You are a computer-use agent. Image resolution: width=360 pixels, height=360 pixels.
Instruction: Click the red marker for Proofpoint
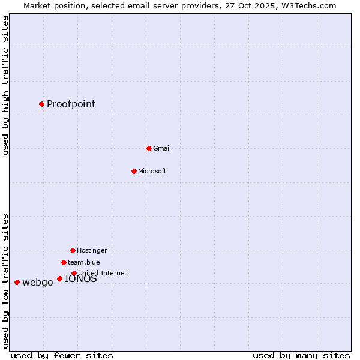[41, 104]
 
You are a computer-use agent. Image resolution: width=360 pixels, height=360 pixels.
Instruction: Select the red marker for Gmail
[149, 148]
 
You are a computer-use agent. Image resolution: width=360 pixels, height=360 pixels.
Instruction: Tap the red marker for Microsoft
[134, 171]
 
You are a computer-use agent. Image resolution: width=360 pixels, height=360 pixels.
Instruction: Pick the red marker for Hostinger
[73, 250]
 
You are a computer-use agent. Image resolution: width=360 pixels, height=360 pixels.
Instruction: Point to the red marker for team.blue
[64, 262]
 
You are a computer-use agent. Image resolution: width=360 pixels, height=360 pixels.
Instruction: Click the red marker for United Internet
[74, 273]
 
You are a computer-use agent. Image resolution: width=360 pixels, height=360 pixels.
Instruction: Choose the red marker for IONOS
[59, 278]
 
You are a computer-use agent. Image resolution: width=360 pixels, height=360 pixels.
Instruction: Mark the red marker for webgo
[17, 282]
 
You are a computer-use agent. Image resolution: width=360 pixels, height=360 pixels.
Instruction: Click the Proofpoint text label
[71, 104]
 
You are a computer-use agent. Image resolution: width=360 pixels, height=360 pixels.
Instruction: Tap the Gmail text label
[162, 148]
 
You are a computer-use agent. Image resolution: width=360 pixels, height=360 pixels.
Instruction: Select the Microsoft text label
[152, 171]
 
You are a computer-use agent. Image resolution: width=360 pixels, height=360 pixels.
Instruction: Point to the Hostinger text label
[92, 250]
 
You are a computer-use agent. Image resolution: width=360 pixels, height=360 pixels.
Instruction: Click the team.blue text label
[84, 262]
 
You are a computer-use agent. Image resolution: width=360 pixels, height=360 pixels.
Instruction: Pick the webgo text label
[37, 283]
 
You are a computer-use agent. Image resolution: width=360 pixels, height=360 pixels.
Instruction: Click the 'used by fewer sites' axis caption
[62, 355]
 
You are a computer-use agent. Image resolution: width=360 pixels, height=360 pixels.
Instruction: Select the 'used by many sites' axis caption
[301, 355]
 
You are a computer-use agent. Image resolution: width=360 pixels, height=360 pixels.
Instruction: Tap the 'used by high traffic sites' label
[6, 85]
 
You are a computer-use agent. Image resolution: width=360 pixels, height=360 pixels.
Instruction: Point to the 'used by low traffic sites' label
[6, 281]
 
